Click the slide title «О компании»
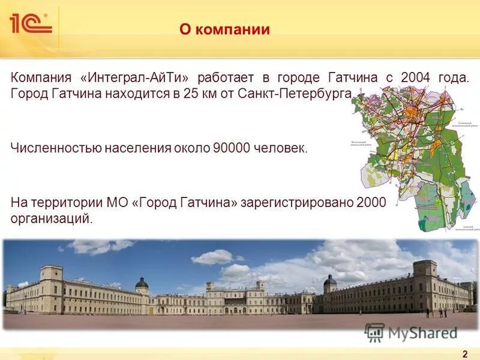click(224, 29)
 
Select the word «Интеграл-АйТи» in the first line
click(139, 78)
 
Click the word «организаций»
click(52, 218)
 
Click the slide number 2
click(465, 353)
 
